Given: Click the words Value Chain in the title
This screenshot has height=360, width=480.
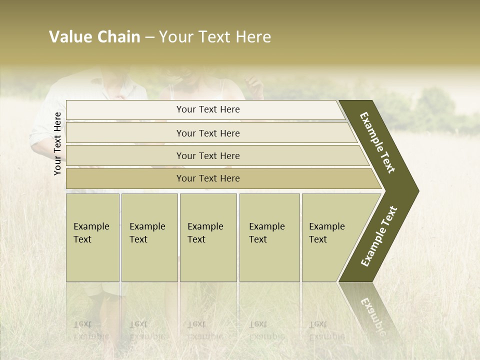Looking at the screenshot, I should pos(94,37).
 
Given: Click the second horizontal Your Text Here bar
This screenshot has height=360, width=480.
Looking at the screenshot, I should pos(207,133).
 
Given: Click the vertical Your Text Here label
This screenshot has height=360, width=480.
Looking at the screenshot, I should pos(57,143).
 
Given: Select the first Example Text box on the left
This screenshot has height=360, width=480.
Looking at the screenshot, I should pos(92,237).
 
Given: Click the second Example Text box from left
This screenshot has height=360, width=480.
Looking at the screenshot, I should pos(149,237).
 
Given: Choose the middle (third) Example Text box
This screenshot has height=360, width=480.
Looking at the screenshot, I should pos(208,237).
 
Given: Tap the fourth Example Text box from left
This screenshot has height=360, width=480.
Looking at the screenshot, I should pos(269,237).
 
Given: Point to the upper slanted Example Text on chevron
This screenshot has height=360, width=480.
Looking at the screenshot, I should pos(378,142).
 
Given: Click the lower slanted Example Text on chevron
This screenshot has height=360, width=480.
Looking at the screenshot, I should pos(379,236).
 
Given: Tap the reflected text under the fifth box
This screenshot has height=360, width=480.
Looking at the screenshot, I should pos(326,330).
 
